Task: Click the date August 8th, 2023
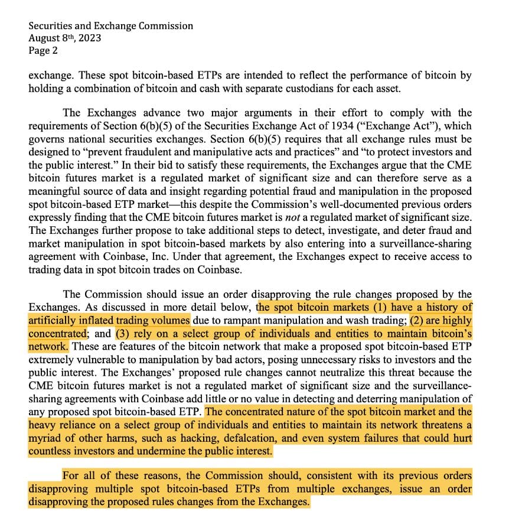pos(65,38)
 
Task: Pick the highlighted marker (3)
pos(125,334)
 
